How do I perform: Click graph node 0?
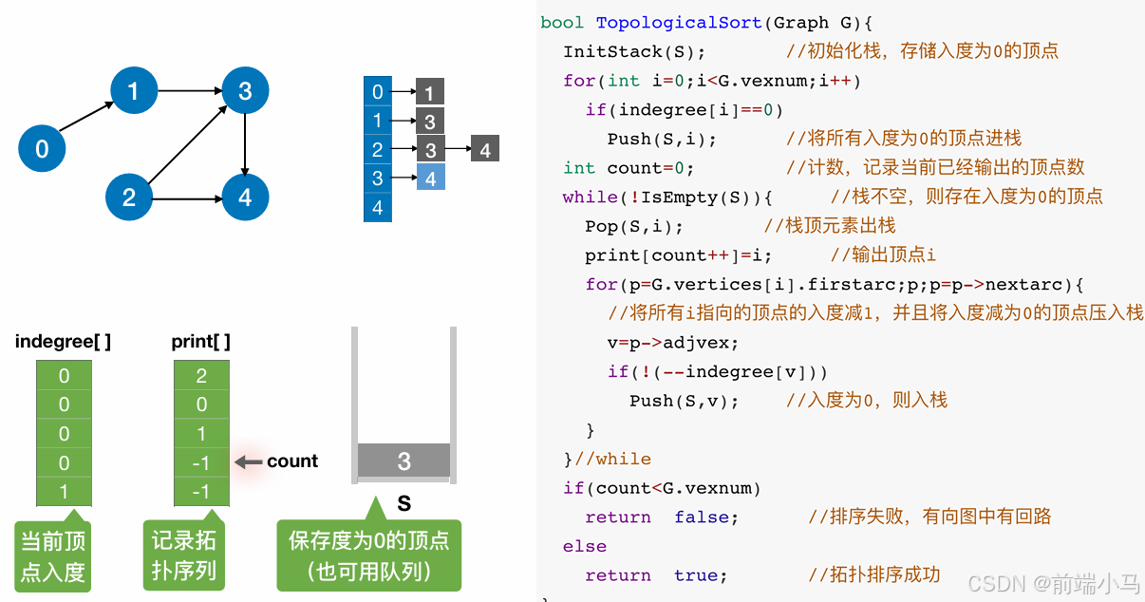42,149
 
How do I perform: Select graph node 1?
133,91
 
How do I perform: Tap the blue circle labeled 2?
129,198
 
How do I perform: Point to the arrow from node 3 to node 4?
246,144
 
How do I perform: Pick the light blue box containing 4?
430,178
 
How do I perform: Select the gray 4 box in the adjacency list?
485,149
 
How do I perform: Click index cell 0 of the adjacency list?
378,92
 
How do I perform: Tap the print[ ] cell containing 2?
201,376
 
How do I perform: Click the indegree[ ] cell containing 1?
64,492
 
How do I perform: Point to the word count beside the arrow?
292,461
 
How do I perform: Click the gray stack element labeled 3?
404,461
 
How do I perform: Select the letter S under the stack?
404,503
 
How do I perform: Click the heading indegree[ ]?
63,342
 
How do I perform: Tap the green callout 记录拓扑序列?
183,555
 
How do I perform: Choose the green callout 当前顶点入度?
53,556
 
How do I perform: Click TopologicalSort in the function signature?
679,22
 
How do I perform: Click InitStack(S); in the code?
634,51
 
